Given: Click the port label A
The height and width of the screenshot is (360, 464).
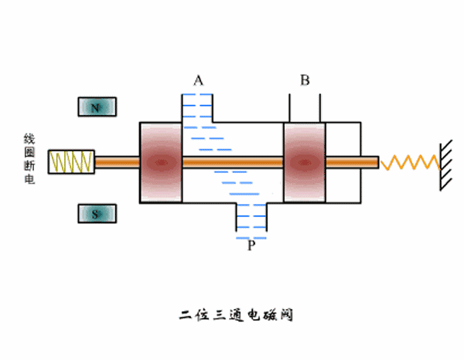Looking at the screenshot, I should point(199,80).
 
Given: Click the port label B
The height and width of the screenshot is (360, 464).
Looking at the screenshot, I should point(305,80).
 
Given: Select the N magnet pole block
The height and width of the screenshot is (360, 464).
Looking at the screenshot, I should point(96,107).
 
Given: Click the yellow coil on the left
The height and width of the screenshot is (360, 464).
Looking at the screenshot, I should point(71,162).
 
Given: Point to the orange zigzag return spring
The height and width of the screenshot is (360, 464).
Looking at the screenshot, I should point(410,162).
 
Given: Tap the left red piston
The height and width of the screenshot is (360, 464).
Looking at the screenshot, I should point(160,162).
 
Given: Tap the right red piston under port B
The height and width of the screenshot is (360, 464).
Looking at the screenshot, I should point(305,162).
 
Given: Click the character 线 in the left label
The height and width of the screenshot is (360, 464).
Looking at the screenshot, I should point(30,139).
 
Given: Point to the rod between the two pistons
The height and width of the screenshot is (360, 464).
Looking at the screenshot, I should point(233,162).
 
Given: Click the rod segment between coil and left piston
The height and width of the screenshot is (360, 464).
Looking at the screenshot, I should point(116,162).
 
